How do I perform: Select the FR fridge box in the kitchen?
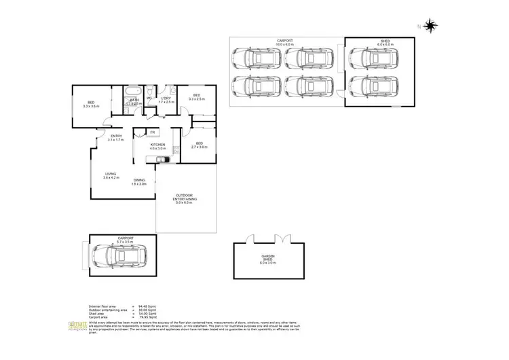(153, 132)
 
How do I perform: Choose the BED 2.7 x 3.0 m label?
(199, 145)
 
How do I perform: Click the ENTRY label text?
(115, 138)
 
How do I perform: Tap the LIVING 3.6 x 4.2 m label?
(110, 175)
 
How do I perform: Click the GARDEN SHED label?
(268, 258)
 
